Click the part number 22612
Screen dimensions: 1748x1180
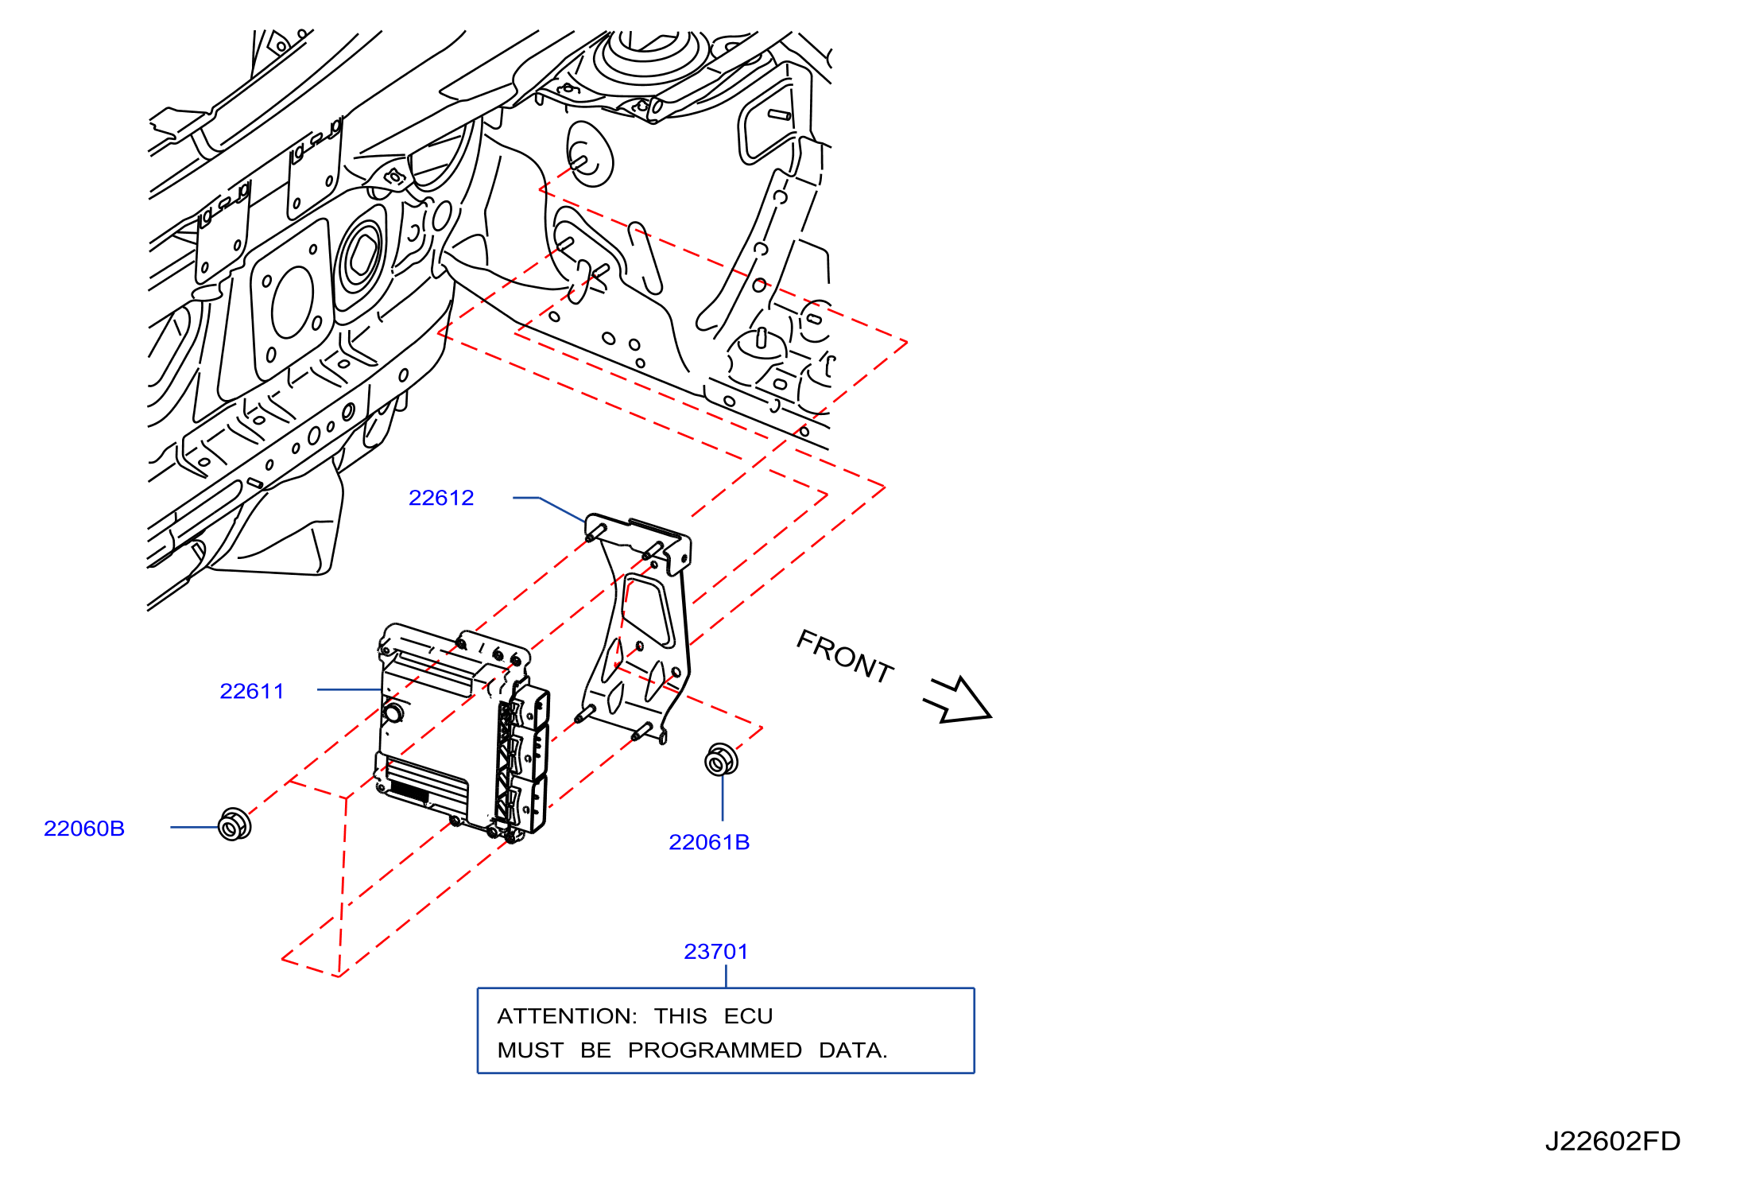[x=441, y=498]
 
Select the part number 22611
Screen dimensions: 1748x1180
[x=251, y=691]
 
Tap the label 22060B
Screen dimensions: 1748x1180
[x=84, y=829]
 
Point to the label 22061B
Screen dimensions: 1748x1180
[x=709, y=842]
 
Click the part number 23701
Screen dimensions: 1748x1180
[x=716, y=951]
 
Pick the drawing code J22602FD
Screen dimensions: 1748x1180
[x=1613, y=1141]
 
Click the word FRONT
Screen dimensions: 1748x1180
[x=845, y=657]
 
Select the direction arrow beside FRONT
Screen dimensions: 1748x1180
[x=957, y=699]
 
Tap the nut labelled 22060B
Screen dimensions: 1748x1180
[x=234, y=824]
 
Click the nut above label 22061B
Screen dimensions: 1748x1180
[x=721, y=760]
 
